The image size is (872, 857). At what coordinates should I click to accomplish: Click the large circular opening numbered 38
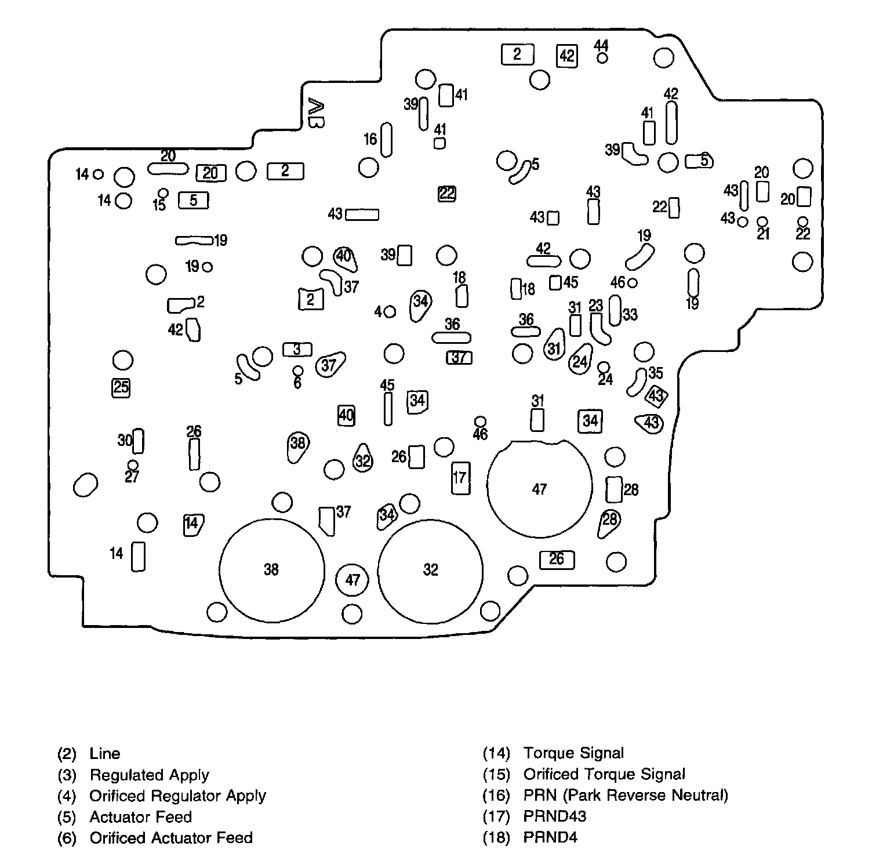coord(271,569)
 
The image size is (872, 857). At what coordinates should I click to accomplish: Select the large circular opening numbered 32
coord(430,569)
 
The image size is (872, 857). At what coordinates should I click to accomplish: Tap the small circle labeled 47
coord(353,579)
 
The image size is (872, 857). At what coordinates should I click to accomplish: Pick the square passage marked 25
coord(121,387)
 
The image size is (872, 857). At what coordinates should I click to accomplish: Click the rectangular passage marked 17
coord(460,478)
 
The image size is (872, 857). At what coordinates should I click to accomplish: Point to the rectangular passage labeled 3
coord(297,350)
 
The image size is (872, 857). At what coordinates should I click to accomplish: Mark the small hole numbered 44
coord(602,58)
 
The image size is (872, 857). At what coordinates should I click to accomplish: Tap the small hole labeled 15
coord(163,193)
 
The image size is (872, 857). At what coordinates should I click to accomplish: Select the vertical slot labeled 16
coord(387,140)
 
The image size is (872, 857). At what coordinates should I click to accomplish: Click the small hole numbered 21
coord(763,221)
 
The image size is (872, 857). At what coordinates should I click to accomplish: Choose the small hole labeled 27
coord(133,465)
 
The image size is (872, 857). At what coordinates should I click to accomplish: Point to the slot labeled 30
coord(138,441)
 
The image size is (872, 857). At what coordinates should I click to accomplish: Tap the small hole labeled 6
coord(297,371)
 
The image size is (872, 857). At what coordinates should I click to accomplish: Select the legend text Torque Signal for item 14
coord(573,753)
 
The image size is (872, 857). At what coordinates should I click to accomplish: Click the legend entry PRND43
coord(554,816)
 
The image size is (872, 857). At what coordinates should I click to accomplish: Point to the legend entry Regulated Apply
coord(149,775)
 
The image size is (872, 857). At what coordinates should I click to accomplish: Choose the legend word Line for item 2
coord(105,753)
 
